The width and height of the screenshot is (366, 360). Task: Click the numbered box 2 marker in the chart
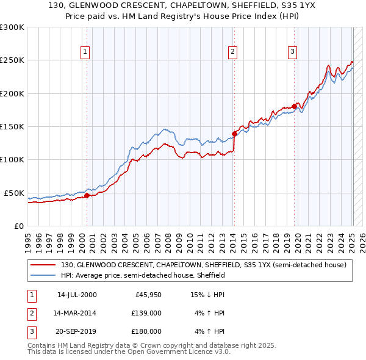pos(233,52)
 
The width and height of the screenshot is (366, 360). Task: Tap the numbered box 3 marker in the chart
pos(293,52)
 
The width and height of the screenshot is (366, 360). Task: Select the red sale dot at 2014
pos(234,134)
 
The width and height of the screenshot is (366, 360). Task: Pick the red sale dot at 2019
pos(294,106)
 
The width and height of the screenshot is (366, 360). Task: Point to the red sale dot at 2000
pos(87,196)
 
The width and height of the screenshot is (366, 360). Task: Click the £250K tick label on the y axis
pos(12,60)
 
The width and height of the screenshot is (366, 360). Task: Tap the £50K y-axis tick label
pos(14,193)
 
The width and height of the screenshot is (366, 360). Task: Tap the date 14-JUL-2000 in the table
pos(76,295)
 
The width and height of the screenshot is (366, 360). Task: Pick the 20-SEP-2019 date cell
pos(76,331)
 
